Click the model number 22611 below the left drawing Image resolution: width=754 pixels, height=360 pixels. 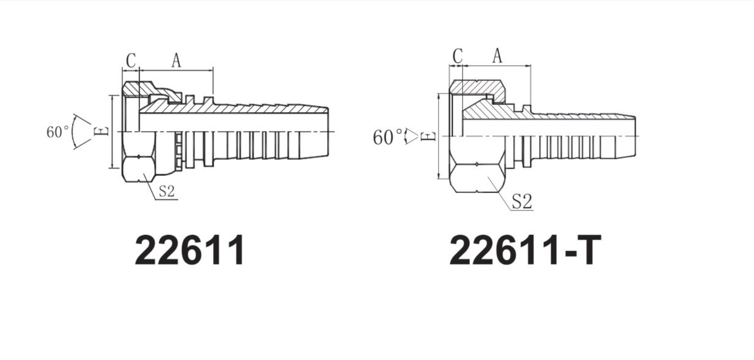point(189,250)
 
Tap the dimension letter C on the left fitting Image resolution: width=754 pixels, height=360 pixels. point(131,61)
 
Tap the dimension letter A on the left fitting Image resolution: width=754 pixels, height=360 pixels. point(176,61)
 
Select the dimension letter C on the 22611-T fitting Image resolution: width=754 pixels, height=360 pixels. point(457,56)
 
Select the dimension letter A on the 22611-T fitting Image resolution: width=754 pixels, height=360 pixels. point(497,56)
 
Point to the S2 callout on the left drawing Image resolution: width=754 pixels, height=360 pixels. point(166,192)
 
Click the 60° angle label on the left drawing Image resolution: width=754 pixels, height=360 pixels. point(57,132)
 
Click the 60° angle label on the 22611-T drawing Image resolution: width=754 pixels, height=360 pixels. point(388,138)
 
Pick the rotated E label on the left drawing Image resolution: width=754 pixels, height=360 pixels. point(103,131)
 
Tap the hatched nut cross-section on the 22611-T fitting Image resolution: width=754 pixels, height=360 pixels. point(477,88)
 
